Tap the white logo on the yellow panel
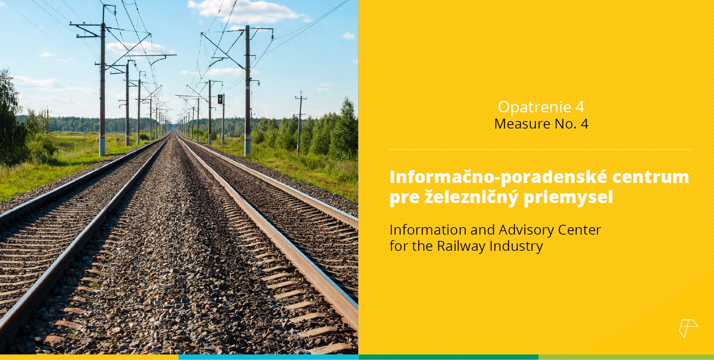pos(688,328)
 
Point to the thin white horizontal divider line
pos(541,150)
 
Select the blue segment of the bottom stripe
pos(268,357)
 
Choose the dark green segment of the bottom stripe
pos(449,357)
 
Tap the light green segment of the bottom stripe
pos(626,357)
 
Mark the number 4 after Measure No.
pos(584,124)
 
